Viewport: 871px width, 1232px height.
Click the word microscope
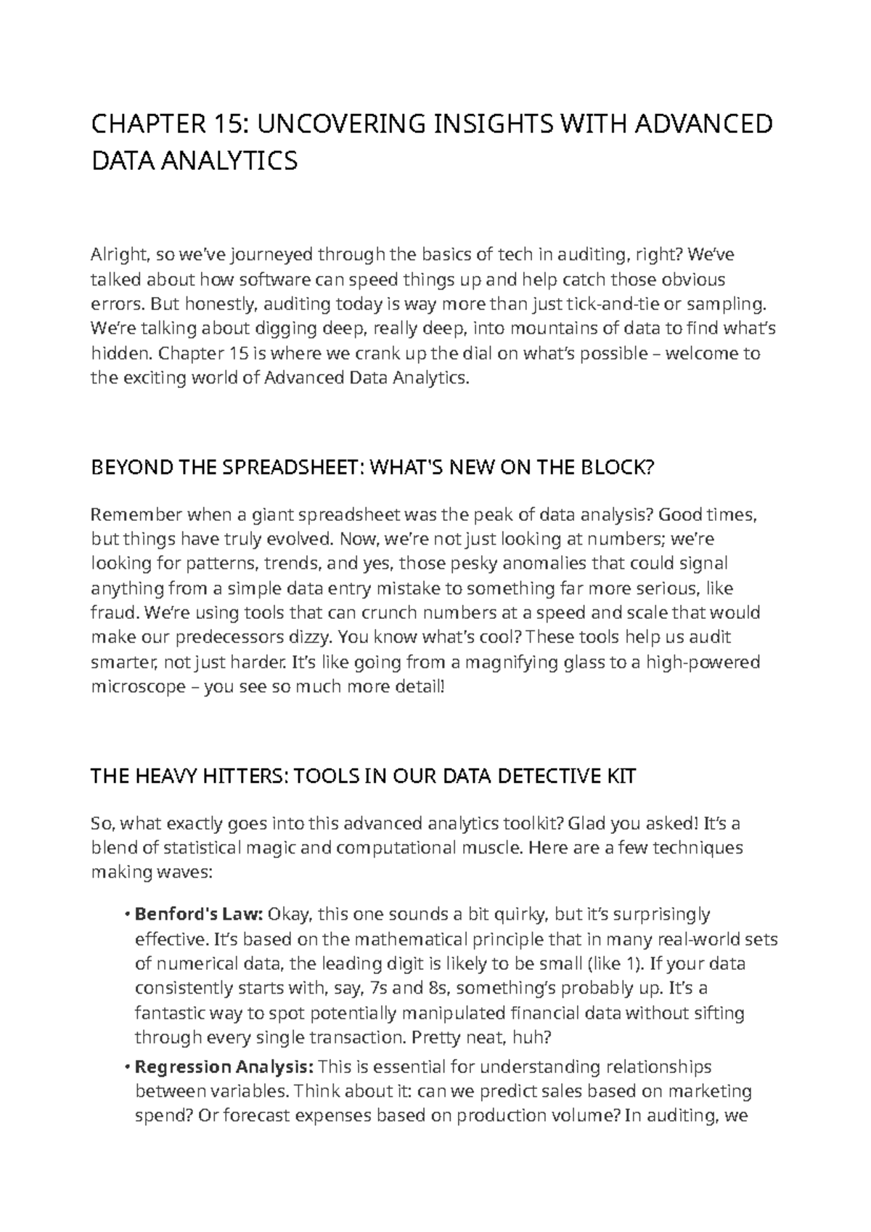[138, 686]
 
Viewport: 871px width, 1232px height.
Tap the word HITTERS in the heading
[236, 777]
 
